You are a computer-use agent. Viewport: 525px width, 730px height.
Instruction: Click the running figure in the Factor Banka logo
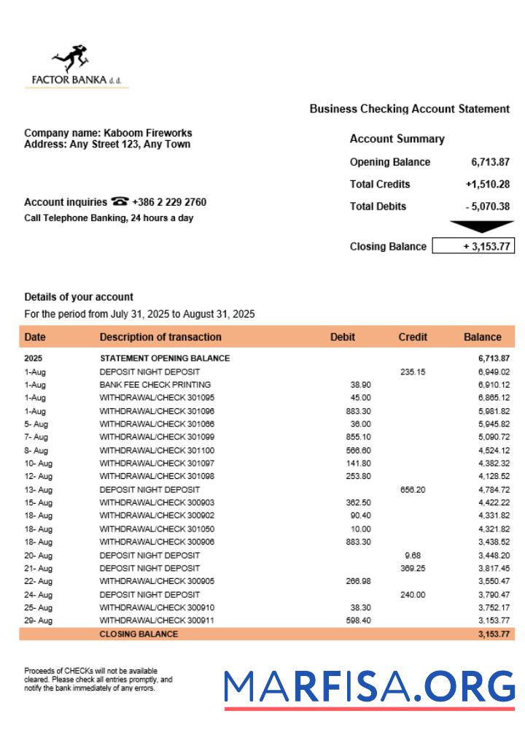(71, 58)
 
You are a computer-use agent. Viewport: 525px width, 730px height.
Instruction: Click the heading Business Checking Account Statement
(409, 109)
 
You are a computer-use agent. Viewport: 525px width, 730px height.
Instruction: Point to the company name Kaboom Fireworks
(148, 133)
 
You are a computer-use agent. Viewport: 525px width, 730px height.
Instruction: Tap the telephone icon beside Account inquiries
(120, 202)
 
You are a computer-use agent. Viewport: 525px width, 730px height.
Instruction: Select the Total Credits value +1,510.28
(487, 184)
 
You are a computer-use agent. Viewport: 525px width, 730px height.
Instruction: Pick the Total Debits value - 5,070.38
(487, 207)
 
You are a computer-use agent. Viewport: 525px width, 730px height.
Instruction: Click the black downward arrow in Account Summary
(481, 226)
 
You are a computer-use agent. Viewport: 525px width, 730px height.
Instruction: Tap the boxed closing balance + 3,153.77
(473, 246)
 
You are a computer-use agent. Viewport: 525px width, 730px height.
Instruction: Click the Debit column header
(343, 337)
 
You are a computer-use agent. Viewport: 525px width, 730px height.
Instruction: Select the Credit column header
(413, 337)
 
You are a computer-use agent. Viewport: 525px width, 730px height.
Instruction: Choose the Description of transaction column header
(160, 337)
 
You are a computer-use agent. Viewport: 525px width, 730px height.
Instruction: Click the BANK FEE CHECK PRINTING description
(155, 385)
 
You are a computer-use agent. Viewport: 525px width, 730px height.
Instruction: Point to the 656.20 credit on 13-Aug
(413, 489)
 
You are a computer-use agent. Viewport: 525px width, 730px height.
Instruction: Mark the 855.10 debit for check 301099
(358, 437)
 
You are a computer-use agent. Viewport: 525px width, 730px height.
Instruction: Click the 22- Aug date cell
(39, 581)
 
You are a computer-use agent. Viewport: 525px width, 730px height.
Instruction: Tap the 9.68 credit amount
(413, 555)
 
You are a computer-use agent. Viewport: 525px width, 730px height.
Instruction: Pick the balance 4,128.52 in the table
(494, 476)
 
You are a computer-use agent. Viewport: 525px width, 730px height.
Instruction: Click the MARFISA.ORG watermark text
(369, 687)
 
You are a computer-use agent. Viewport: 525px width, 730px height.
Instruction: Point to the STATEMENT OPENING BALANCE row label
(165, 358)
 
